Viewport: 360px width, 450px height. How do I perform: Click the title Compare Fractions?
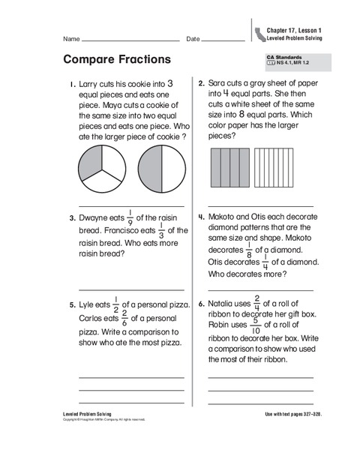[x=114, y=59]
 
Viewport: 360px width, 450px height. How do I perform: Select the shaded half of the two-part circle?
[x=148, y=169]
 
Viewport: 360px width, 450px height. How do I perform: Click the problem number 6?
[x=201, y=304]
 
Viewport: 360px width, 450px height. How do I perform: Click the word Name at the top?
[x=72, y=38]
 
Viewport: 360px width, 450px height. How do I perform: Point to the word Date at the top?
[x=193, y=38]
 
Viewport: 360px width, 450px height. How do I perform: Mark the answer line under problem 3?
[x=131, y=289]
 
